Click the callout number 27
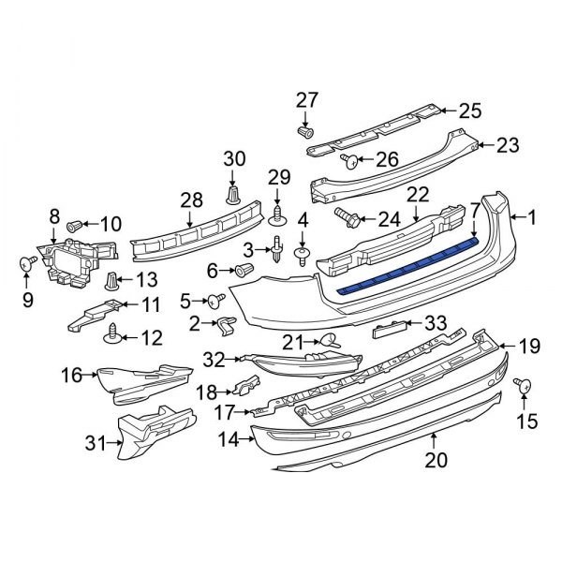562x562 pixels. pyautogui.click(x=308, y=100)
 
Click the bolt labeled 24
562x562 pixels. pyautogui.click(x=346, y=218)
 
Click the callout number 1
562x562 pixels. pyautogui.click(x=533, y=218)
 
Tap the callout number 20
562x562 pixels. pyautogui.click(x=437, y=460)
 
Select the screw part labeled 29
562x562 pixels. pyautogui.click(x=277, y=218)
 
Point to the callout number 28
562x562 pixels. pyautogui.click(x=191, y=200)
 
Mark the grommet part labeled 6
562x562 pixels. pyautogui.click(x=246, y=271)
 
